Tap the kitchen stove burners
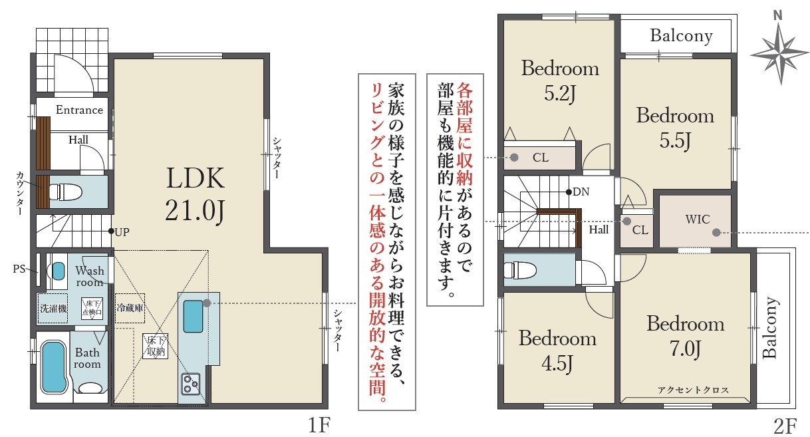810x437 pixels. [191, 384]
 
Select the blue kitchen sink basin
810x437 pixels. [193, 316]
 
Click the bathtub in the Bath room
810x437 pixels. [54, 368]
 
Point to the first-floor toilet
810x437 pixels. [65, 192]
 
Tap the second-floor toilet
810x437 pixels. [520, 270]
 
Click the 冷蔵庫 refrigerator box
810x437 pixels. [130, 308]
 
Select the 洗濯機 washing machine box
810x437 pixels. [53, 308]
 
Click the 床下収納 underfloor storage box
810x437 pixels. [156, 346]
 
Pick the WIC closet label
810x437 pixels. [698, 219]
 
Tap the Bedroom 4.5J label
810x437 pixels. [557, 351]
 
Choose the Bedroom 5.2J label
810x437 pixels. [560, 80]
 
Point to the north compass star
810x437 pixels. [780, 55]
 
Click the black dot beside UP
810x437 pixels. [111, 231]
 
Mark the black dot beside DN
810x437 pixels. [569, 192]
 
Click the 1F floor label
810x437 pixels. [319, 425]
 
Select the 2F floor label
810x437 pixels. [785, 426]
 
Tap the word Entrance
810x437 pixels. [79, 110]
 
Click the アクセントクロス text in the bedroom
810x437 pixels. [693, 390]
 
